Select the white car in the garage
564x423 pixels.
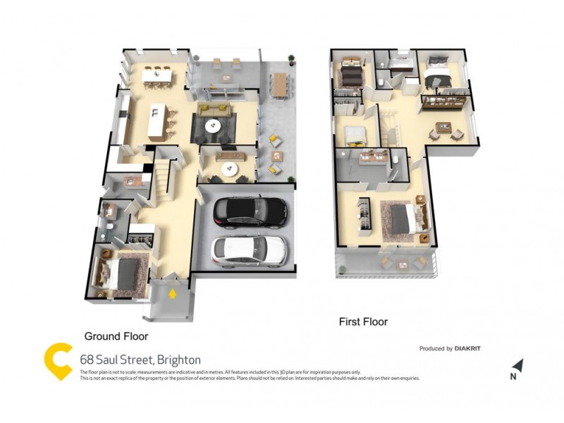(250, 249)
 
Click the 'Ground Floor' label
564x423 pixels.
(116, 336)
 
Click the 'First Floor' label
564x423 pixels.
(364, 322)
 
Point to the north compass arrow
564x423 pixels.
(518, 365)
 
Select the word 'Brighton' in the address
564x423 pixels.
(179, 360)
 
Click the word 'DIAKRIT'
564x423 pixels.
(468, 348)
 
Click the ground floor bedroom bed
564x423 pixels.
(118, 276)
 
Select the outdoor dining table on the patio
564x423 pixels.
(280, 84)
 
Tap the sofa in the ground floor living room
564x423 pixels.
(214, 110)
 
